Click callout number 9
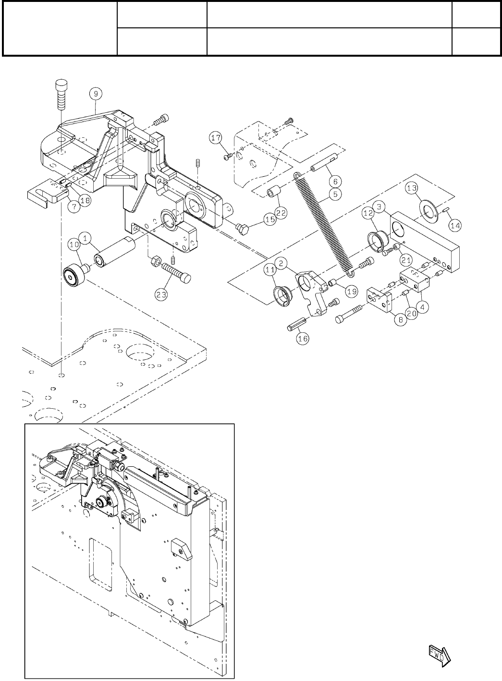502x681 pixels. click(x=95, y=93)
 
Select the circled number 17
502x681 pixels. click(x=216, y=139)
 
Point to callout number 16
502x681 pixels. click(x=302, y=338)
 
